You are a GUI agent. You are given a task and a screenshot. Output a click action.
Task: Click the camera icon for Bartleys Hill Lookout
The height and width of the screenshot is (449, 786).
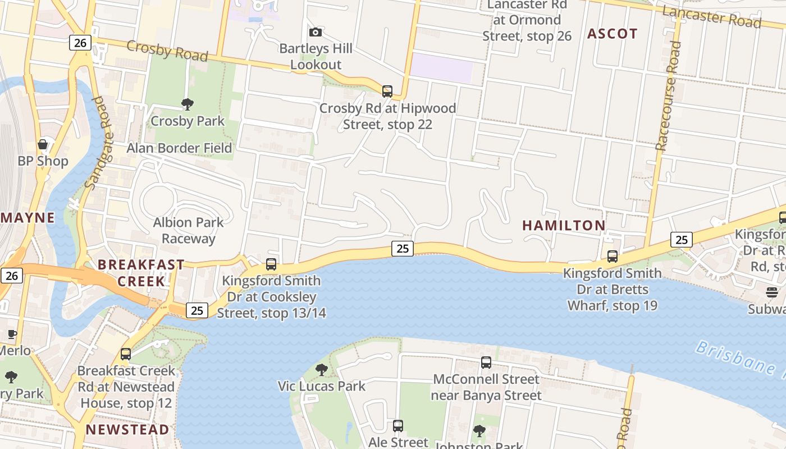pyautogui.click(x=316, y=32)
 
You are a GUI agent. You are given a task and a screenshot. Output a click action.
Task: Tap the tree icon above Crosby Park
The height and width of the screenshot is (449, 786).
pyautogui.click(x=188, y=104)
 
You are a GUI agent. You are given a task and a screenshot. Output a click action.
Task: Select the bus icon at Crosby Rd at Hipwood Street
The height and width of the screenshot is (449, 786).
pyautogui.click(x=387, y=91)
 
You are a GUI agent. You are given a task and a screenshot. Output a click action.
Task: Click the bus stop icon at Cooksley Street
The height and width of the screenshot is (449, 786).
pyautogui.click(x=271, y=264)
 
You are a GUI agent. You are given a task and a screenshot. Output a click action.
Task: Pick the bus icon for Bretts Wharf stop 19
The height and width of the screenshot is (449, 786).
pyautogui.click(x=613, y=256)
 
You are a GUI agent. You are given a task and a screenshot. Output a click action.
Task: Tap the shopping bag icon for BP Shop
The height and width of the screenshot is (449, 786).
pyautogui.click(x=43, y=144)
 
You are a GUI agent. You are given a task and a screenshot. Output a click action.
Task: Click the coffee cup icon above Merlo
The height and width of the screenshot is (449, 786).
pyautogui.click(x=12, y=335)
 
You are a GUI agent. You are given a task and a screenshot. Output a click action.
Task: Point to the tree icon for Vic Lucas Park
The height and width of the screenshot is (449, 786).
pyautogui.click(x=322, y=369)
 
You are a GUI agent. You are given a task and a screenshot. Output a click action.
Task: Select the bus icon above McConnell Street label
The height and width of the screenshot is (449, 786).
pyautogui.click(x=486, y=363)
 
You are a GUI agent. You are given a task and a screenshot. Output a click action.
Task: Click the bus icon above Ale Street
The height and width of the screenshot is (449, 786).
pyautogui.click(x=398, y=426)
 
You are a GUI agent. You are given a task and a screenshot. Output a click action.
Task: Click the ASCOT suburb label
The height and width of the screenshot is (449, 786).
pyautogui.click(x=613, y=34)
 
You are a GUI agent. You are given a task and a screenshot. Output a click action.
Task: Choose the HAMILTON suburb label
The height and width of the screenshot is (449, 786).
pyautogui.click(x=564, y=226)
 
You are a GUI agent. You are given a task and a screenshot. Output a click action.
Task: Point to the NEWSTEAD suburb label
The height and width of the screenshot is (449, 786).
pyautogui.click(x=127, y=430)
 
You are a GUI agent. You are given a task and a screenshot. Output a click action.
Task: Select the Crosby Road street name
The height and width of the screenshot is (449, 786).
pyautogui.click(x=167, y=51)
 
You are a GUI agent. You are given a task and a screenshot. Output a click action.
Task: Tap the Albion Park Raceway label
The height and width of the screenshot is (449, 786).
pyautogui.click(x=188, y=230)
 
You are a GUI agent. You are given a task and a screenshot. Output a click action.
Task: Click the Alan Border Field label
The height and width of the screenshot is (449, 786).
pyautogui.click(x=179, y=148)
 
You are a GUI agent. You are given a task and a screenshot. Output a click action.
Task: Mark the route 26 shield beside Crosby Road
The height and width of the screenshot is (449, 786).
pyautogui.click(x=81, y=43)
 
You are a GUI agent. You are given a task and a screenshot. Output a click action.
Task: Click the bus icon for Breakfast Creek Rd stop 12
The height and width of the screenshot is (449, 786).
pyautogui.click(x=126, y=354)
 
